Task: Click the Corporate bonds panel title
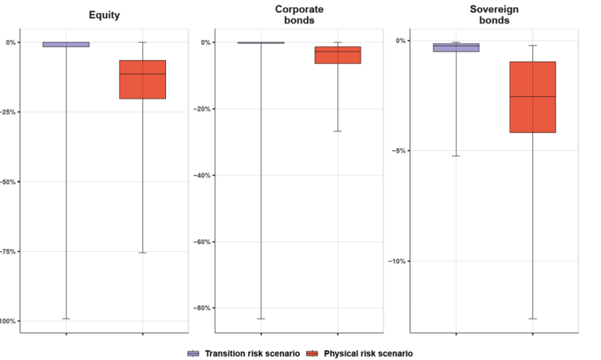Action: pyautogui.click(x=299, y=15)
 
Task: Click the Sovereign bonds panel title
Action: pyautogui.click(x=494, y=15)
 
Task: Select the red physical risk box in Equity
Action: pyautogui.click(x=142, y=79)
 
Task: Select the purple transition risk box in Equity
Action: pyautogui.click(x=66, y=45)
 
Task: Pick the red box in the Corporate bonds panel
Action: pyautogui.click(x=337, y=55)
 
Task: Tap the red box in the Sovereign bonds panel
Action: pyautogui.click(x=532, y=97)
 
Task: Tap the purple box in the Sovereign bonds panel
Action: pyautogui.click(x=455, y=48)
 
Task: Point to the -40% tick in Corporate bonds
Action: pyautogui.click(x=203, y=175)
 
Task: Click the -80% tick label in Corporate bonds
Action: pyautogui.click(x=203, y=308)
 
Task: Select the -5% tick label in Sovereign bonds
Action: pyautogui.click(x=400, y=151)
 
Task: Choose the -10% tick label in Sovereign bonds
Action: pyautogui.click(x=398, y=261)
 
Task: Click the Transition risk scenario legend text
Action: pyautogui.click(x=251, y=354)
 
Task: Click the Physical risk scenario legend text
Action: pyautogui.click(x=368, y=354)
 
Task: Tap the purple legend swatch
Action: pyautogui.click(x=193, y=354)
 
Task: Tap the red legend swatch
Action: pyautogui.click(x=312, y=354)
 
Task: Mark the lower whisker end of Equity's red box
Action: pyautogui.click(x=142, y=253)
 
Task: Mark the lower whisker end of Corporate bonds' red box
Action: pyautogui.click(x=337, y=131)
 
